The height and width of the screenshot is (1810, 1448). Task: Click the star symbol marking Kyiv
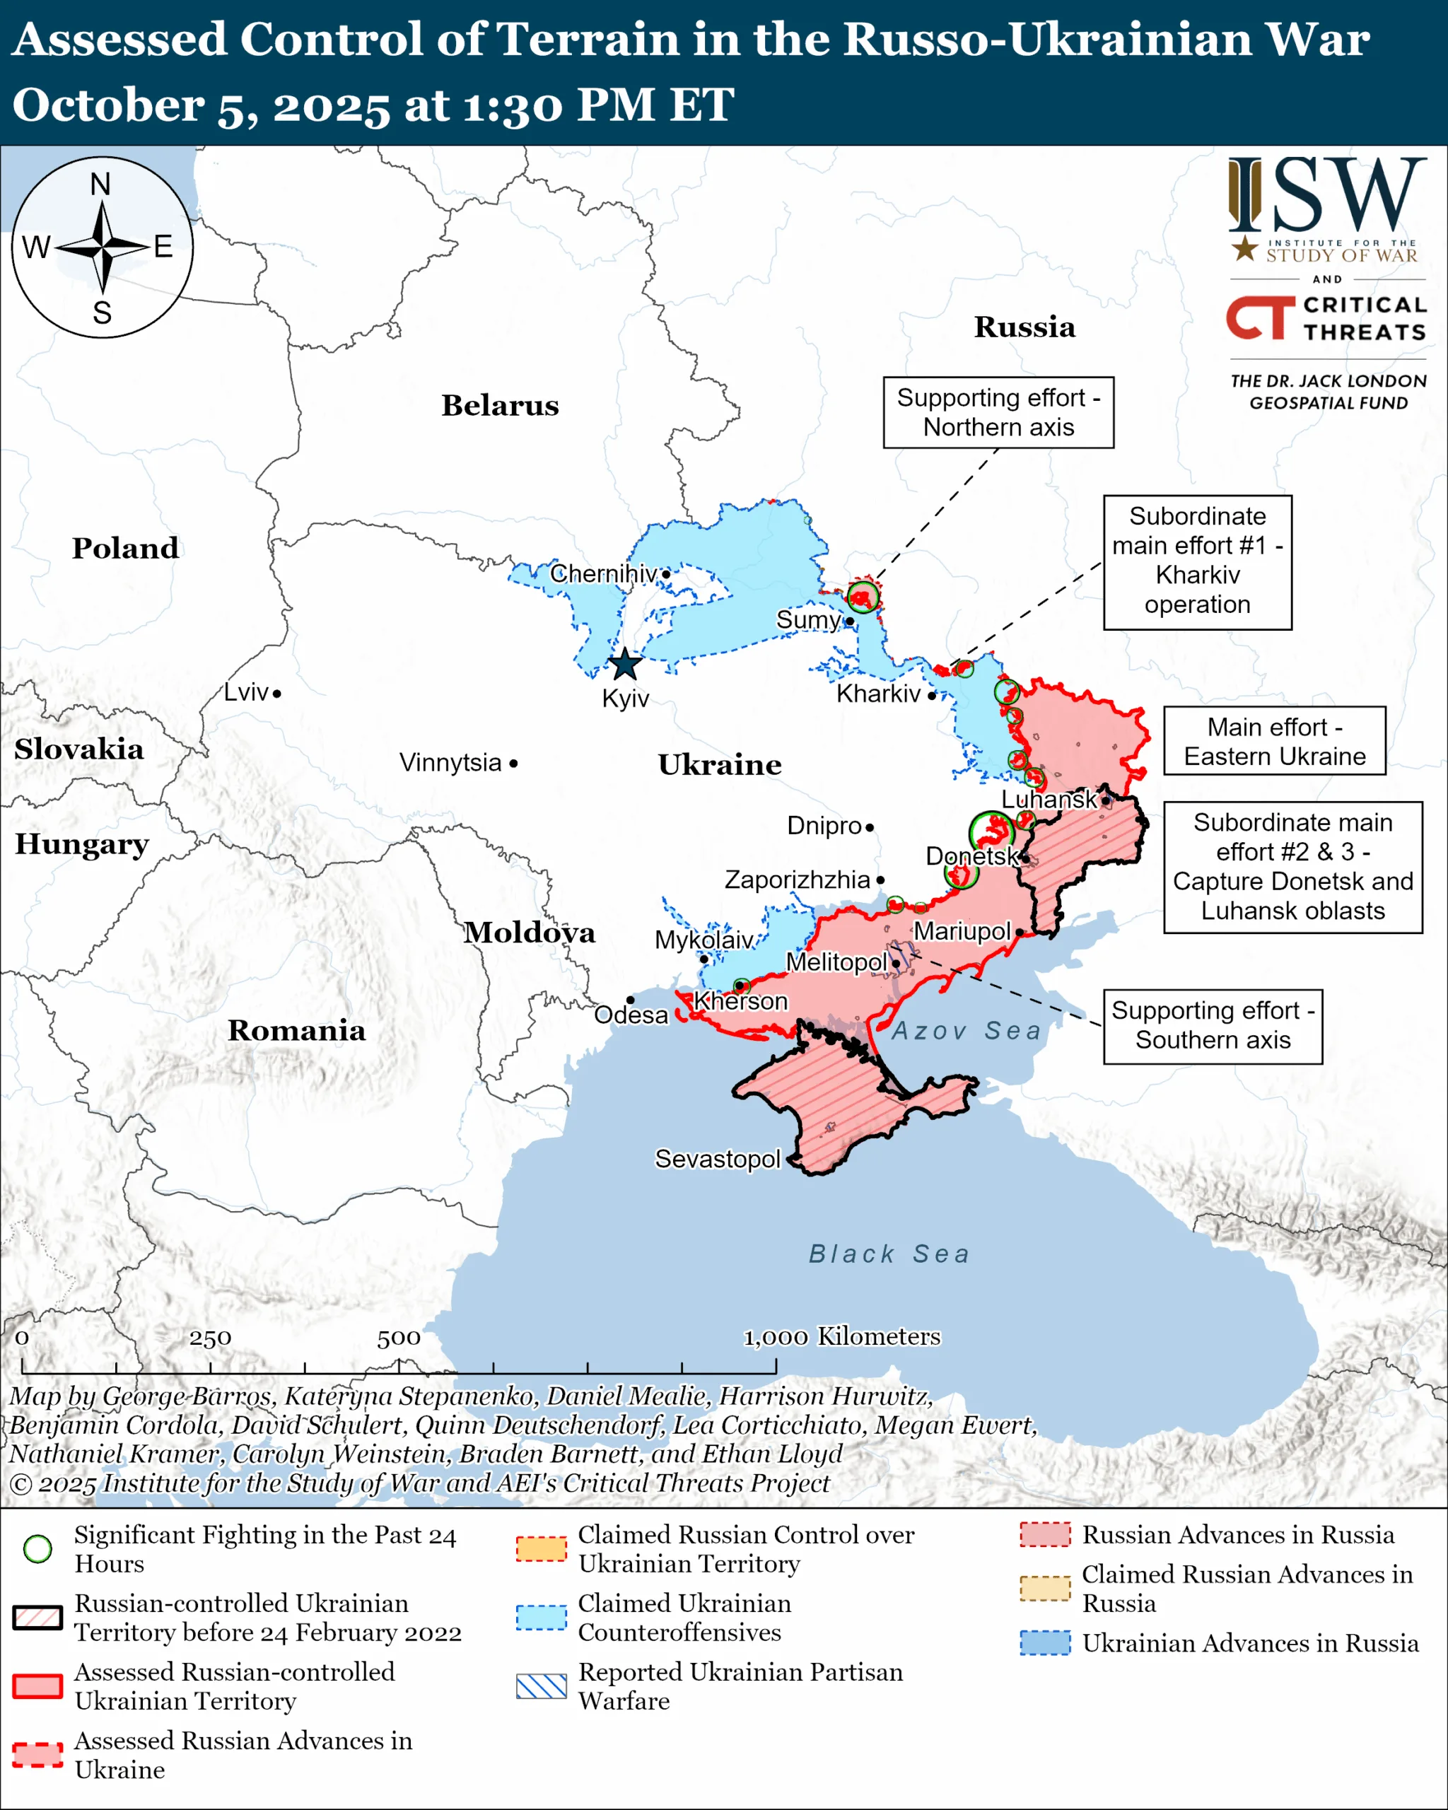click(x=624, y=664)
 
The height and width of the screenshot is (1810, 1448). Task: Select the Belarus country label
click(x=501, y=406)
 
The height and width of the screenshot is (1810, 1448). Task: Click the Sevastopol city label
click(x=717, y=1159)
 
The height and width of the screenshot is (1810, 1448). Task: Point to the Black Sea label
click(x=889, y=1254)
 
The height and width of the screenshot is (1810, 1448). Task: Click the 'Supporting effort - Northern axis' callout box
click(x=998, y=412)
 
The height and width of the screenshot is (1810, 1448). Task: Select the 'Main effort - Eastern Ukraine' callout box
click(x=1273, y=741)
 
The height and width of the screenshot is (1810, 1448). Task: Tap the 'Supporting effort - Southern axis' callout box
click(x=1212, y=1025)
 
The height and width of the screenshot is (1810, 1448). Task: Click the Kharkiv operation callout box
click(x=1197, y=561)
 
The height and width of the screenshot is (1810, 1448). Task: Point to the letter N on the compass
click(x=100, y=184)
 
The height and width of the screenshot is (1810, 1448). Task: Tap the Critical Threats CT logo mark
click(x=1260, y=317)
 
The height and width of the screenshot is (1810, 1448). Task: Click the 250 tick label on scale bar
click(x=210, y=1338)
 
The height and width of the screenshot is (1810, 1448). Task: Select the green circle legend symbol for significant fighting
click(x=37, y=1549)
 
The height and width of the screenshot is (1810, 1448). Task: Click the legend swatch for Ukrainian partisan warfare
click(x=542, y=1686)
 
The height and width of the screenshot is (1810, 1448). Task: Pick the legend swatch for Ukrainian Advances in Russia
click(x=1045, y=1642)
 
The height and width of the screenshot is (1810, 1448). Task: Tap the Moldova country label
click(x=530, y=933)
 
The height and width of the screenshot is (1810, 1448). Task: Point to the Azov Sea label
click(x=965, y=1030)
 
